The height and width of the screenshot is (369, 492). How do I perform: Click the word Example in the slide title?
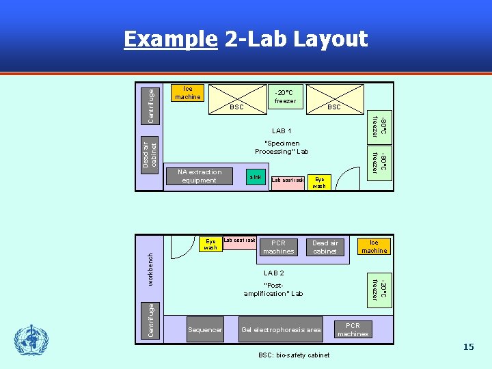(170, 40)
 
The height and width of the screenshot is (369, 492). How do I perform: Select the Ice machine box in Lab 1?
(187, 93)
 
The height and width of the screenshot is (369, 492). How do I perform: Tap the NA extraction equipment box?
(200, 176)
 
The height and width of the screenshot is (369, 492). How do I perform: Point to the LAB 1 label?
(282, 131)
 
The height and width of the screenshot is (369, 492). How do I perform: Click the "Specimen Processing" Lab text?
(282, 148)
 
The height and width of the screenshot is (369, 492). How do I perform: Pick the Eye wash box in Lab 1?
(319, 182)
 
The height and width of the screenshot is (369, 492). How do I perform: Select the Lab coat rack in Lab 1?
(288, 180)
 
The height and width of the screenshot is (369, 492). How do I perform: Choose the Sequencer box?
(205, 329)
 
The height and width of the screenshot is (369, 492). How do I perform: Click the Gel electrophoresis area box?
(281, 329)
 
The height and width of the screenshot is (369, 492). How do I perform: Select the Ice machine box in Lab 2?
(374, 246)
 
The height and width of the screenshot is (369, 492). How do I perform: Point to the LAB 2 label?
(273, 273)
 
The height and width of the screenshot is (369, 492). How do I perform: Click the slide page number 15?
(468, 347)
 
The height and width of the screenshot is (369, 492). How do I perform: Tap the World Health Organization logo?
(31, 340)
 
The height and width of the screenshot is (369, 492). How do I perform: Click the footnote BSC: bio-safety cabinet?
(294, 355)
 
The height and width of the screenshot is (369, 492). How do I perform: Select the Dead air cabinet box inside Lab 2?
(325, 247)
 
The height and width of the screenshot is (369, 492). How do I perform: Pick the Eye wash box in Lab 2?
(210, 244)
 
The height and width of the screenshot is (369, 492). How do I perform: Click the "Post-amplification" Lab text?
(273, 289)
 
